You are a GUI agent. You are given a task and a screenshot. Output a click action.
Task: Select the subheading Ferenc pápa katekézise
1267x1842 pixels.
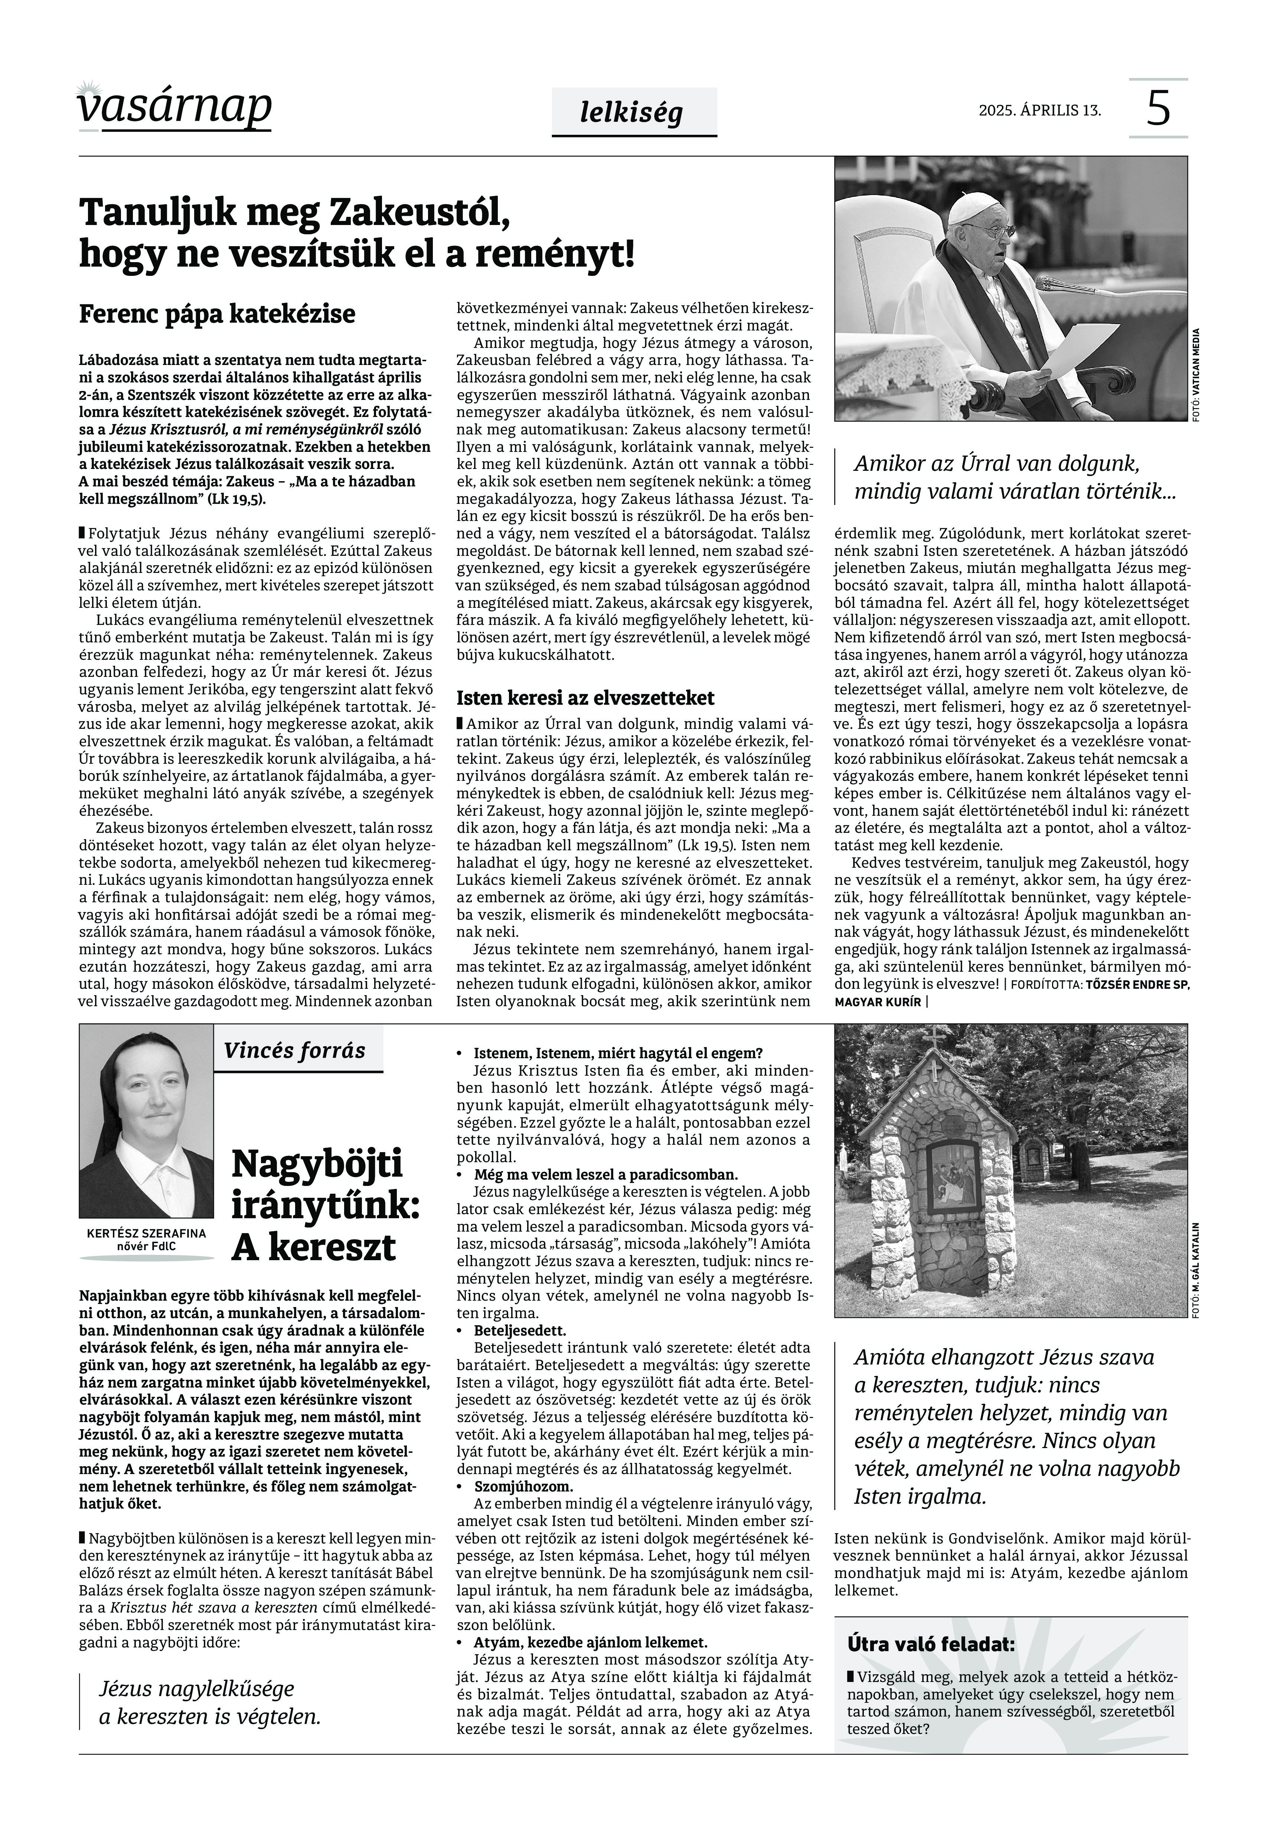[217, 314]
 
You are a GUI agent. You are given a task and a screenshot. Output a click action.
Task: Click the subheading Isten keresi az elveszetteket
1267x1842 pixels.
[585, 698]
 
